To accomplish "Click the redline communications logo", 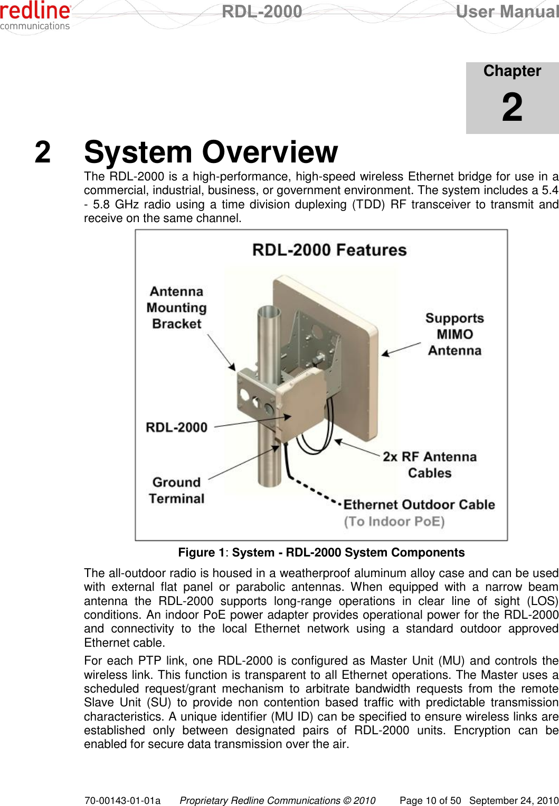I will tap(35, 16).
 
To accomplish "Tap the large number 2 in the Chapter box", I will tap(512, 107).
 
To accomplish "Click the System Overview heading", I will tap(211, 152).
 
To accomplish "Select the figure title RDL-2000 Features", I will tap(329, 250).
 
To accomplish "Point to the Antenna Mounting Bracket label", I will tap(176, 308).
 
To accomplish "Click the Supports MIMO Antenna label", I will tap(454, 334).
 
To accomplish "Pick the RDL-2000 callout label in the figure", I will tap(176, 427).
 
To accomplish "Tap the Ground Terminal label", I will tap(176, 491).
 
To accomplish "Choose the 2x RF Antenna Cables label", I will tap(430, 465).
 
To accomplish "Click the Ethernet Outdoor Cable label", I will tap(419, 505).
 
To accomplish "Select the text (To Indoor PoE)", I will tap(394, 522).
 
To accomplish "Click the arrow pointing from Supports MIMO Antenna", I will tap(401, 349).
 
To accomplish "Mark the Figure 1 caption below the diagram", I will tap(321, 552).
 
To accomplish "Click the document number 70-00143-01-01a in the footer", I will tap(122, 800).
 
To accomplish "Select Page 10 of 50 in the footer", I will tap(430, 800).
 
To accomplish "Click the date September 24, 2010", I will tap(514, 800).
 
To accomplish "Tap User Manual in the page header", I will tap(507, 12).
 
